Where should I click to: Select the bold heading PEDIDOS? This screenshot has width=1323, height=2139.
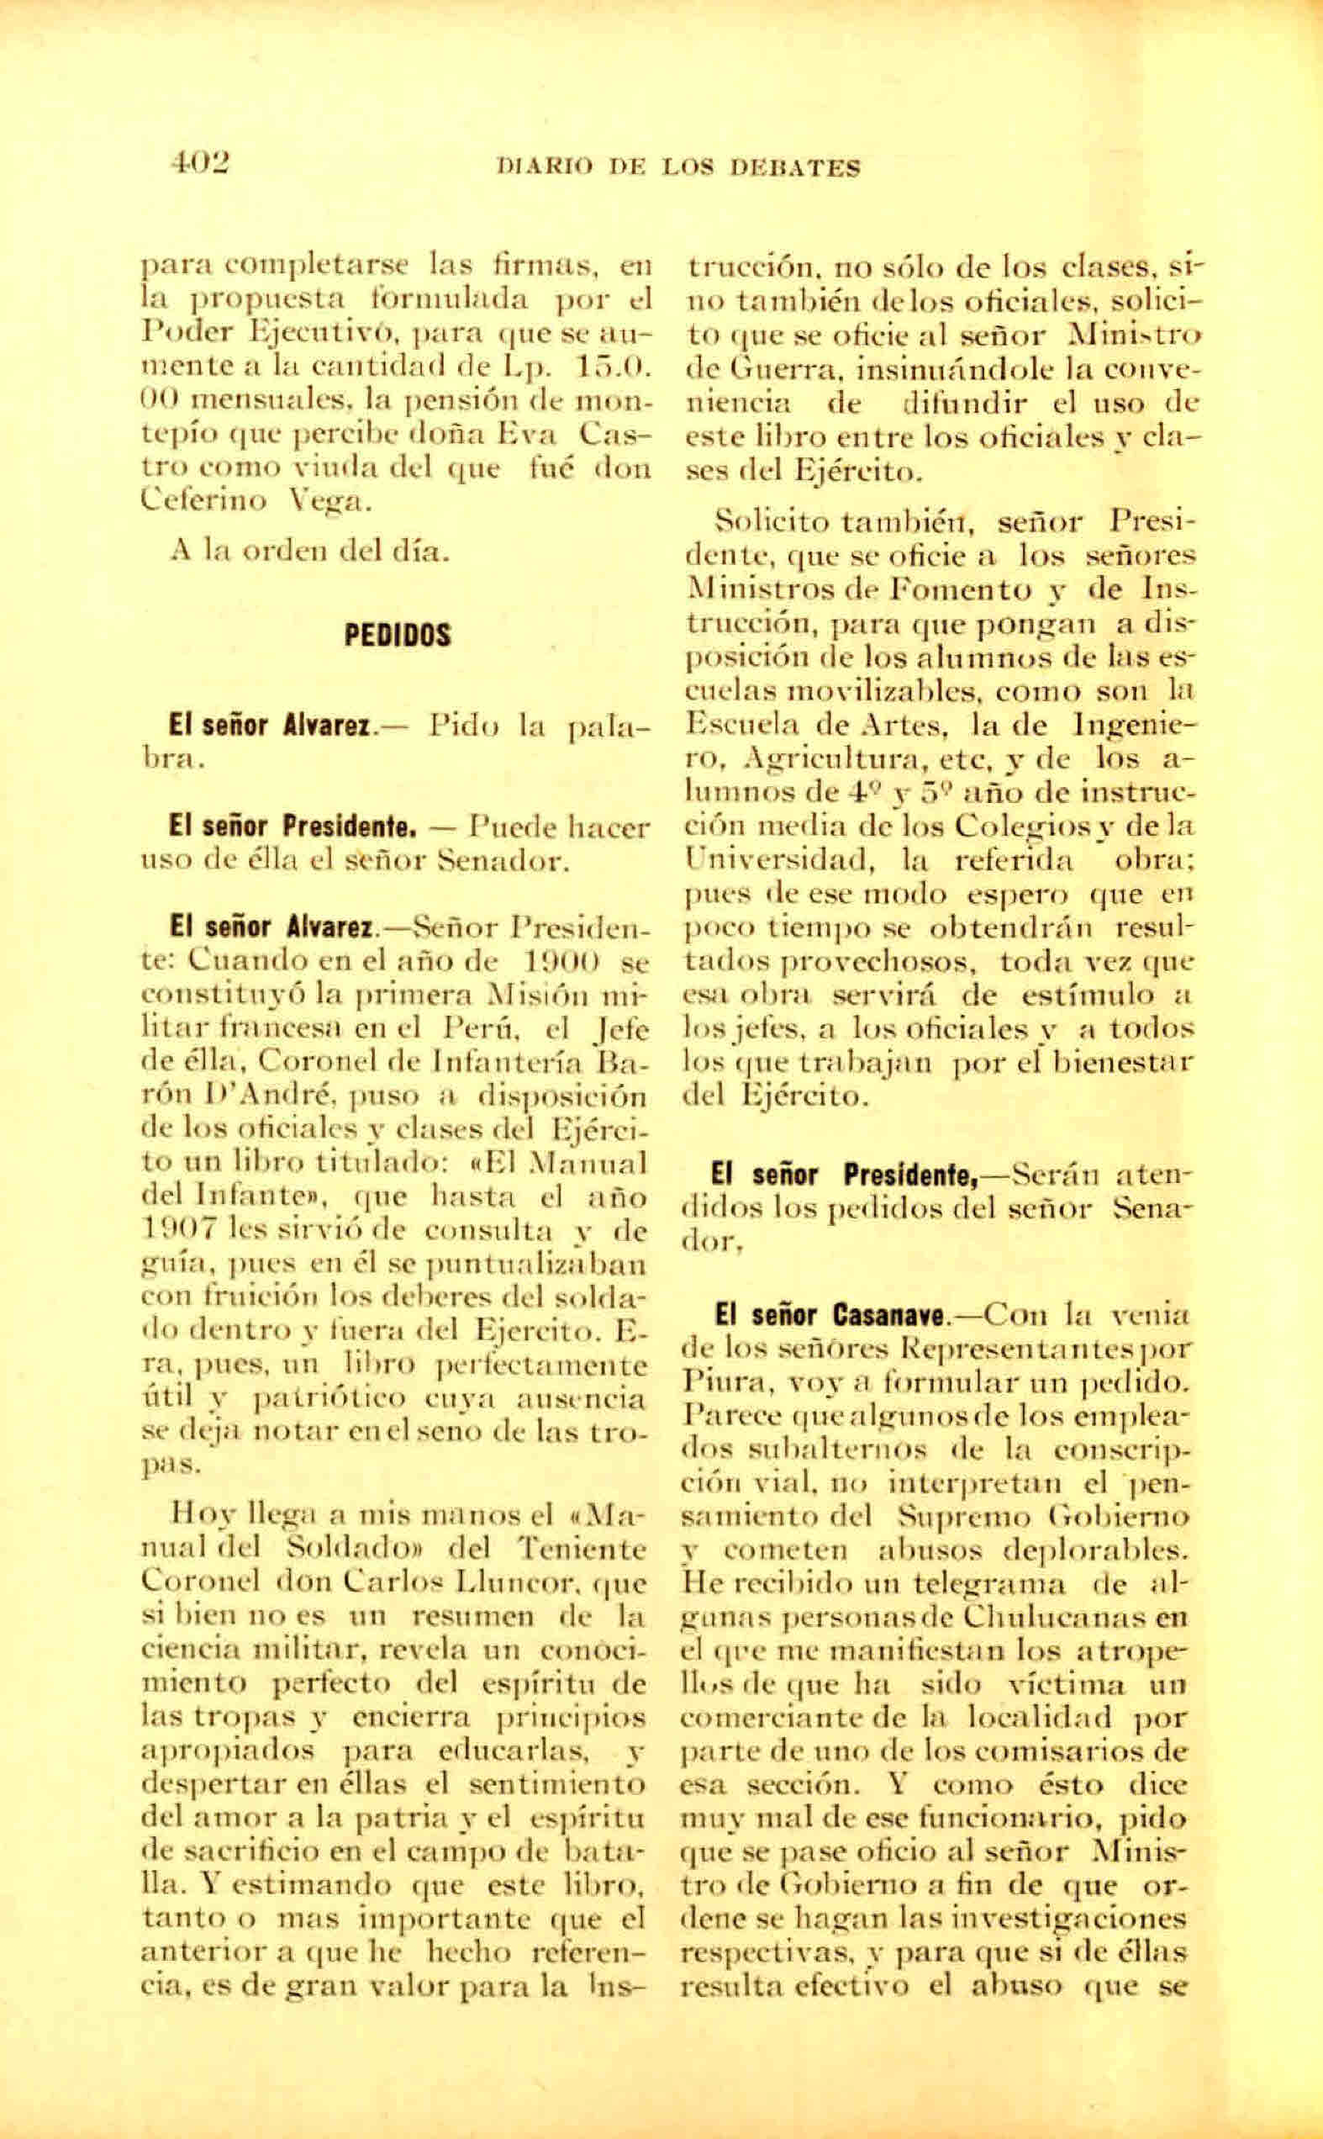click(x=398, y=636)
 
